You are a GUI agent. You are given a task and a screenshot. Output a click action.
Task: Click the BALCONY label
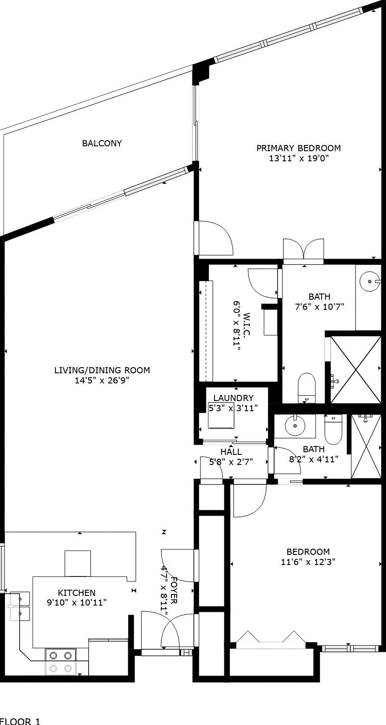tap(102, 143)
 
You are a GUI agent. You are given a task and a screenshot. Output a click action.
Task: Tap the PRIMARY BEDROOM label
tap(298, 148)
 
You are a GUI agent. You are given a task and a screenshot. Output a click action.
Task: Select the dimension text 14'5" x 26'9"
tap(102, 380)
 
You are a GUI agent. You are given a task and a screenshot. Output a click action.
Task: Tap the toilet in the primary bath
tap(306, 388)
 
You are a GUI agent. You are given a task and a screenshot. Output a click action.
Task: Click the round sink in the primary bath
tap(370, 282)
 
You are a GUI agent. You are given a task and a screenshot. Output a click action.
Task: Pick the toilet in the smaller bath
tap(333, 430)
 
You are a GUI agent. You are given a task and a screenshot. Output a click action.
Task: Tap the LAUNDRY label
tap(233, 398)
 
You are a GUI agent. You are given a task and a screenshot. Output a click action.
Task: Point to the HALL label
tap(231, 451)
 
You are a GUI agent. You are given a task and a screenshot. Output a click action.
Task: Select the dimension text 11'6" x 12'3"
tap(308, 561)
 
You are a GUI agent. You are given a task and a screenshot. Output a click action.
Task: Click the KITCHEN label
tap(77, 593)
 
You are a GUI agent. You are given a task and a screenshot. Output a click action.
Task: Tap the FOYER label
tap(174, 590)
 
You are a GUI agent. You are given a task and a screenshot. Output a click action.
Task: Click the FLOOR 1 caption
tap(20, 721)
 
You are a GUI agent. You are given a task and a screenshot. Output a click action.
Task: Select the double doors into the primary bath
tap(304, 249)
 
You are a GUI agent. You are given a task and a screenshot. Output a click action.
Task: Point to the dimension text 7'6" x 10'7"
tap(319, 306)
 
